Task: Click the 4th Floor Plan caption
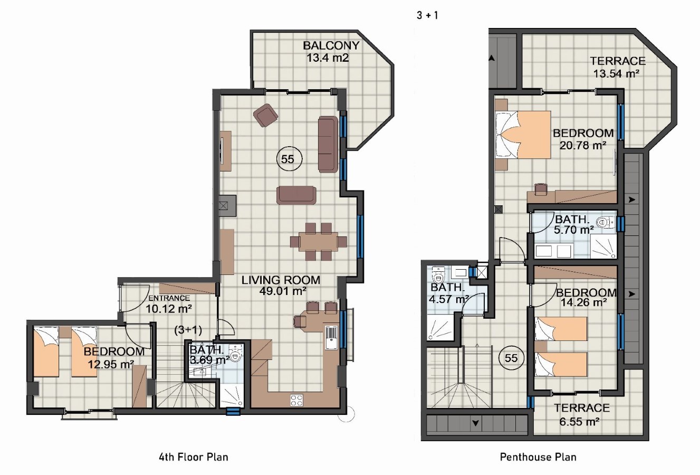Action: pos(194,457)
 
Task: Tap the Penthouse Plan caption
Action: pos(538,457)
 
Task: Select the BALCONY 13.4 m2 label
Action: pos(330,52)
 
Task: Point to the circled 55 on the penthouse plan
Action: pos(511,358)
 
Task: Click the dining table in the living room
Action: pos(319,241)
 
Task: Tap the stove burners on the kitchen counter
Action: pos(296,400)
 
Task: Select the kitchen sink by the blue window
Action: pos(332,337)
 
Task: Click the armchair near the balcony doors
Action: pos(266,115)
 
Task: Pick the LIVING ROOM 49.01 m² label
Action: pos(281,285)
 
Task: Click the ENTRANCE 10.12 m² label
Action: pos(169,304)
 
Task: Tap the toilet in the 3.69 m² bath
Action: pos(235,354)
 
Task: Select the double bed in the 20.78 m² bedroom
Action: pos(523,135)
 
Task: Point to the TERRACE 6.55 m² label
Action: pos(581,415)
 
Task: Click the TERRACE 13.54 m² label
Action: pos(618,67)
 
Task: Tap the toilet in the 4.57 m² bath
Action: pos(437,274)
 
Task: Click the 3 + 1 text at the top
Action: pos(427,15)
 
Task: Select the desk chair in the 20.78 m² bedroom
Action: pos(541,189)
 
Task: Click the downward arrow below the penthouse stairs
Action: pos(476,424)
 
